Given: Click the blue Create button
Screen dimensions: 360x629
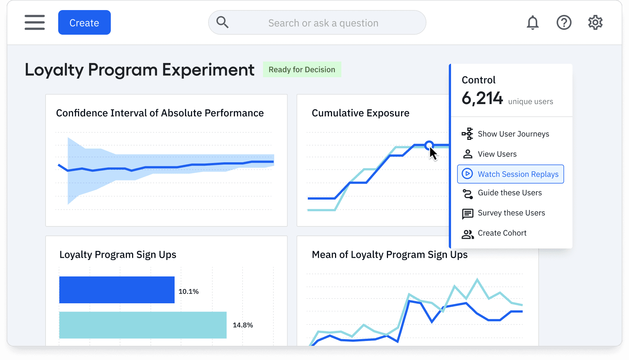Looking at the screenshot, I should click(x=84, y=23).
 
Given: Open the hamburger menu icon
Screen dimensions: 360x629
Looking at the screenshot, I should click(x=35, y=22).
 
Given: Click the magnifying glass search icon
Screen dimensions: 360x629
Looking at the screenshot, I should click(x=222, y=22).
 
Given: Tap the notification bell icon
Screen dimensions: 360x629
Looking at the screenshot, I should click(x=532, y=23).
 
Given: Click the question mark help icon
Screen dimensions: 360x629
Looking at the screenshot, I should click(x=564, y=23).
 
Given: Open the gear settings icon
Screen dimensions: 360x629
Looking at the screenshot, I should click(x=595, y=23).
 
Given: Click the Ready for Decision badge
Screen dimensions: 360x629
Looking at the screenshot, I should click(x=302, y=70).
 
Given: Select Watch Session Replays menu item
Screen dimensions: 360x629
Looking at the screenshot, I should click(x=510, y=174).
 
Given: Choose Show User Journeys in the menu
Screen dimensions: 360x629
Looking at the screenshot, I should click(x=513, y=134).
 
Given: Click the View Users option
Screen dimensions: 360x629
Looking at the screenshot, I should click(x=497, y=154).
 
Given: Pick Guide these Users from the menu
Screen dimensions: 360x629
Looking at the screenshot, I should click(x=509, y=193).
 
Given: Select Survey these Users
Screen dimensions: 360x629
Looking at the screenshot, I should click(x=511, y=213).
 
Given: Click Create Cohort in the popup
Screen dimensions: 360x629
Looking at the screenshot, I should click(x=502, y=233).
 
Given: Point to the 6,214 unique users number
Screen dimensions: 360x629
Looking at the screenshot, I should click(x=482, y=99).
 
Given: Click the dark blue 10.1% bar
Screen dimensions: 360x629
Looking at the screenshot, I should click(x=117, y=290).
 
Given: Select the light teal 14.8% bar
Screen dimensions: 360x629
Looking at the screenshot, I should click(x=143, y=325).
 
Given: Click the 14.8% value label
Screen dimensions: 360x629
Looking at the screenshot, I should click(x=243, y=325).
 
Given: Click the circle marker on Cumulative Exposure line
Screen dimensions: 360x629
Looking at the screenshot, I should click(x=429, y=145).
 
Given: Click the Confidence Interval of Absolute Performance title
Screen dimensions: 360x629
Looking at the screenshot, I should click(x=160, y=113).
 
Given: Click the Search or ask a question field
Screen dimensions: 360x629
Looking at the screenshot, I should click(x=323, y=23).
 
